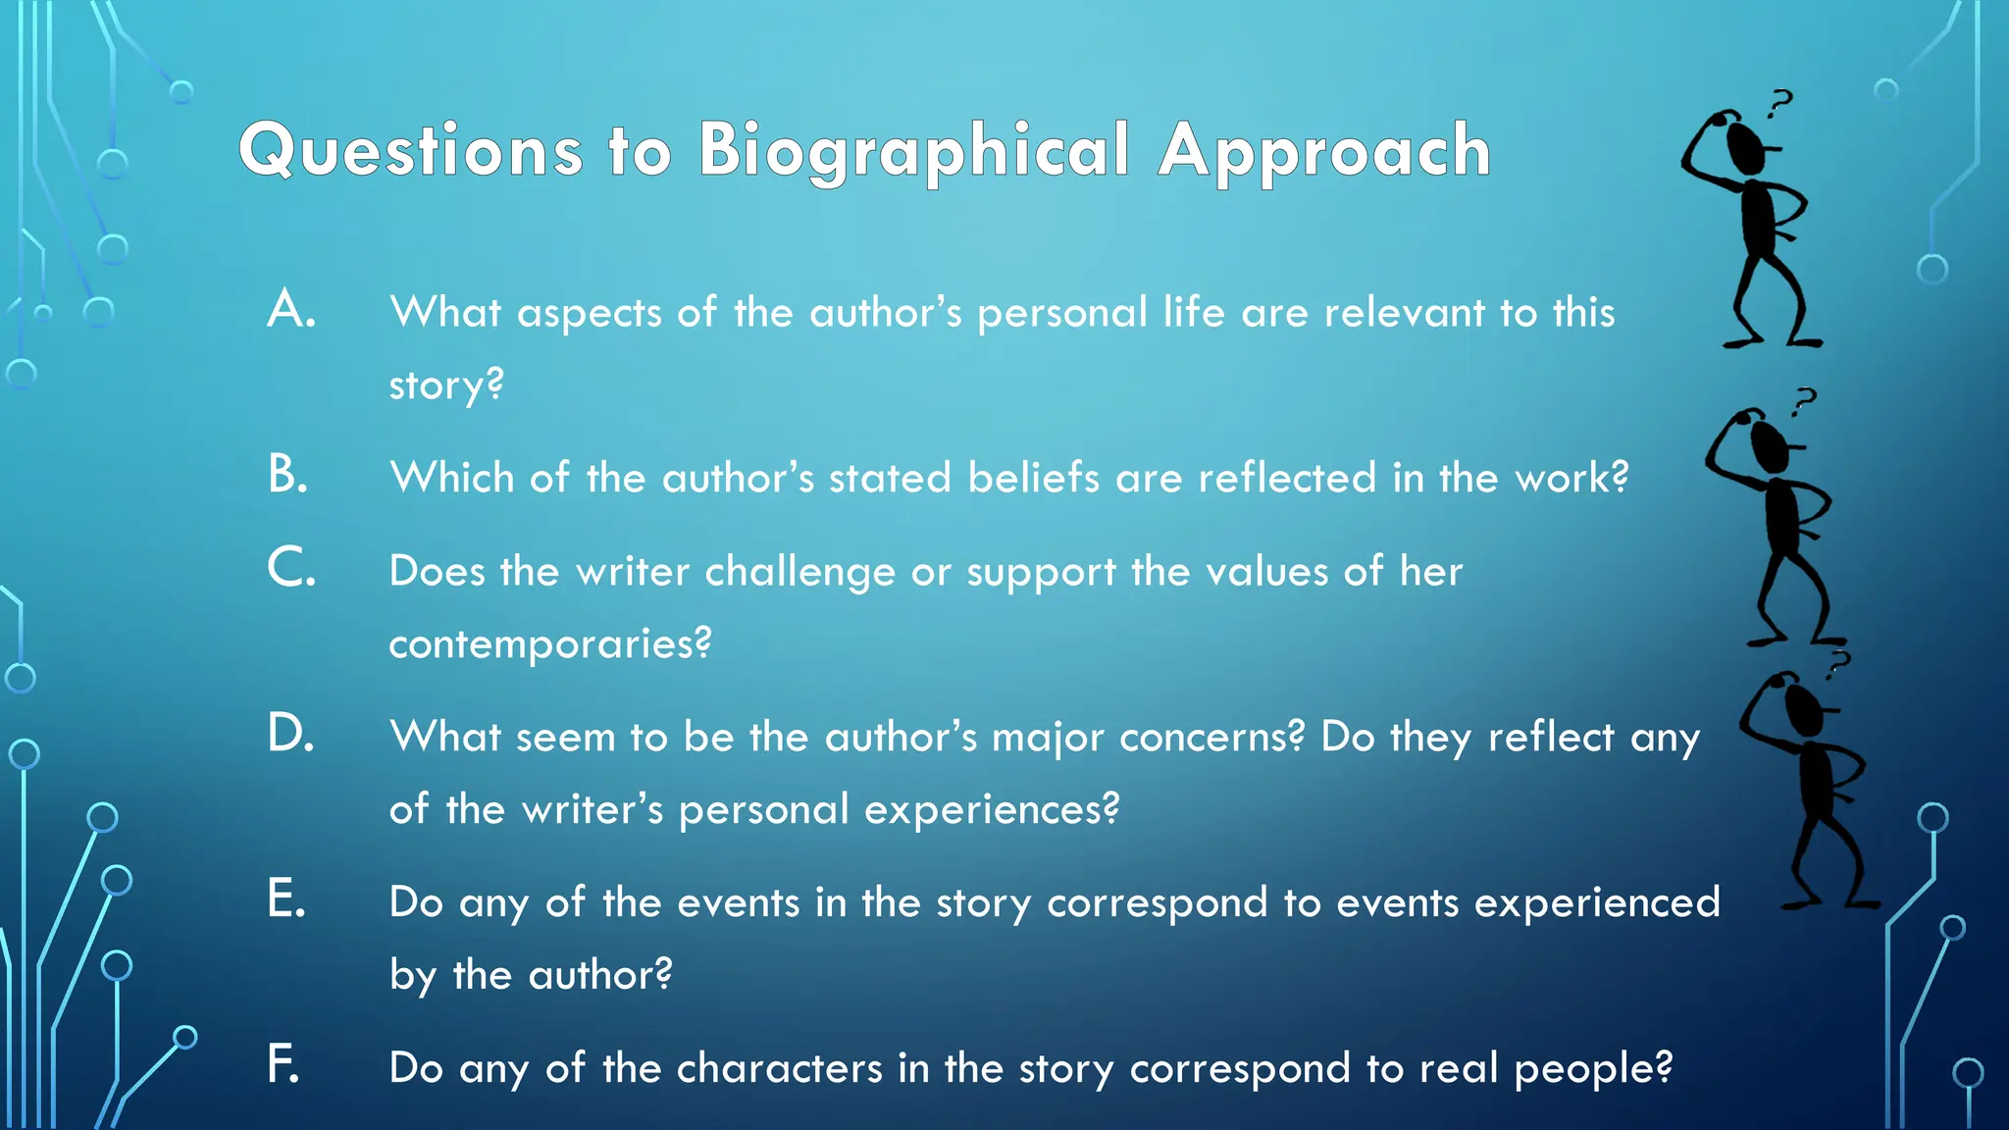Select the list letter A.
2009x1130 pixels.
[291, 309]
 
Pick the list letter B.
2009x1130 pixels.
[288, 475]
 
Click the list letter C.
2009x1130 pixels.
[291, 568]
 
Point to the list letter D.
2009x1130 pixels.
[290, 734]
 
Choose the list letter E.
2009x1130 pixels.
[286, 899]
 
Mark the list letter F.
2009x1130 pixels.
[283, 1064]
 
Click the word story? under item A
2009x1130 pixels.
[446, 385]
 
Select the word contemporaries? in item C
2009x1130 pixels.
[550, 643]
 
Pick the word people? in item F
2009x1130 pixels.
[1593, 1069]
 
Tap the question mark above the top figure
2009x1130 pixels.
[1779, 103]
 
